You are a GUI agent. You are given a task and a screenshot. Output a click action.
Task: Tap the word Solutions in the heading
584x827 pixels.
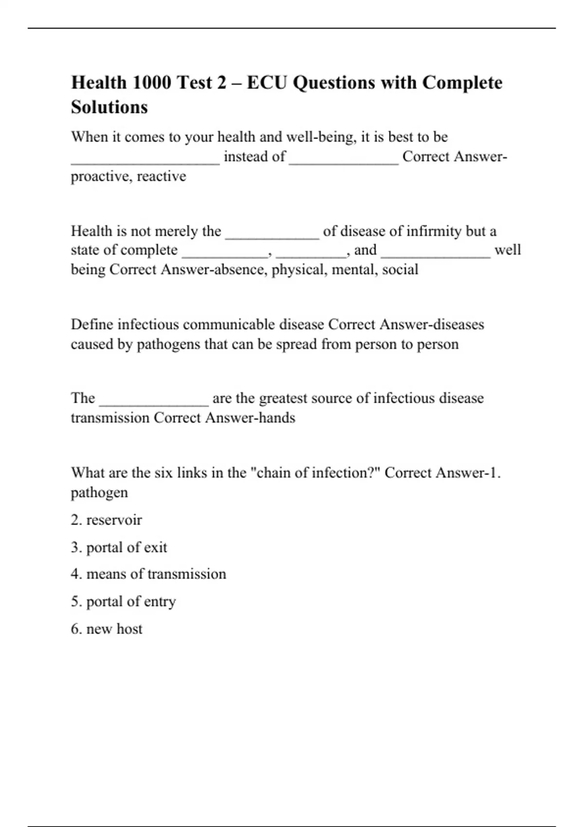point(109,107)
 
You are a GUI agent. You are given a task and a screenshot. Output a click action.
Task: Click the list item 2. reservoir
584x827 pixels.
point(107,520)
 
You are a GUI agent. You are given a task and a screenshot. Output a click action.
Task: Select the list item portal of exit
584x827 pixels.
point(119,547)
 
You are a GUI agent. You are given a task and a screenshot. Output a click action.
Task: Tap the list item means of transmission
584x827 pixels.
point(149,574)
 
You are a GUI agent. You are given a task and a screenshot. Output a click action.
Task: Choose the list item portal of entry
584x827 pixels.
point(124,602)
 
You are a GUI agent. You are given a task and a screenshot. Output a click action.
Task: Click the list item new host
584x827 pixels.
point(107,629)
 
